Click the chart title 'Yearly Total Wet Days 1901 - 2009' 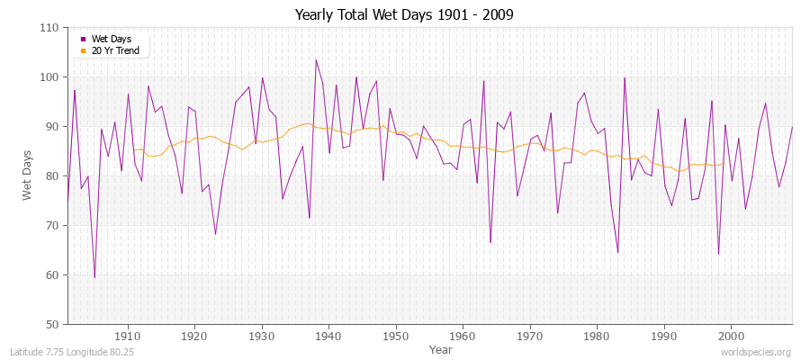point(404,15)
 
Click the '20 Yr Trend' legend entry point(113,50)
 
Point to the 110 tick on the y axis point(51,28)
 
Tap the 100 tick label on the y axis point(51,77)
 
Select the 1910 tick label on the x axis point(128,336)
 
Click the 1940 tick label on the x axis point(329,336)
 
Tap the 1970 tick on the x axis point(530,336)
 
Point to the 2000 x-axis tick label point(731,336)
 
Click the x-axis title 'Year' point(441,348)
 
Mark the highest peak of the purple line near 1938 point(316,60)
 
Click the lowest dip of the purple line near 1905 point(94,277)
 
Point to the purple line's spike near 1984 point(625,77)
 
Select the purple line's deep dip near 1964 point(490,242)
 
